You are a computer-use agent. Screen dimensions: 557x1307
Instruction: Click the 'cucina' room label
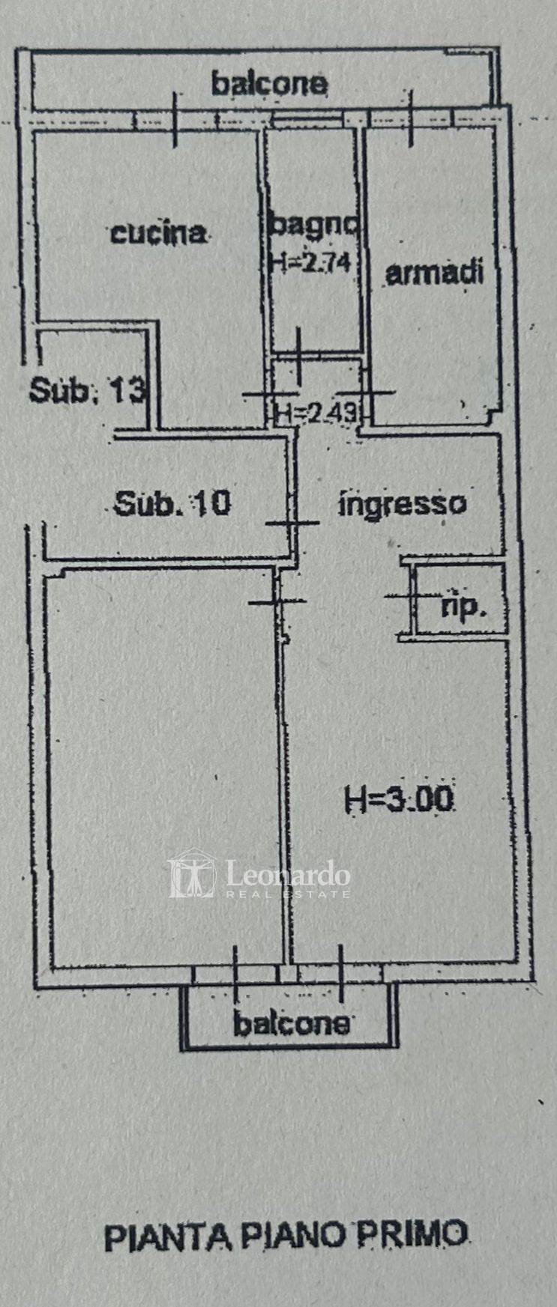pos(158,233)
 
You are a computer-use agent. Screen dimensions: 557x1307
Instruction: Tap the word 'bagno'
pos(314,225)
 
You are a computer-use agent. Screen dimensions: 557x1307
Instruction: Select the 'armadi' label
pos(433,273)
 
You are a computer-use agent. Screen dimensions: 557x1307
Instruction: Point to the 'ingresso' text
pos(403,503)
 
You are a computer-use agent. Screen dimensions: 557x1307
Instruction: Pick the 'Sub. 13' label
pos(87,389)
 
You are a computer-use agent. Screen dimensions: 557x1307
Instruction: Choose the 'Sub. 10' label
pos(172,503)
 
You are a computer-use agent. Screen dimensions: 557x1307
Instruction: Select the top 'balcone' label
pos(269,83)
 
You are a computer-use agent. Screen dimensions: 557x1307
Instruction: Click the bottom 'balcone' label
pos(292,1023)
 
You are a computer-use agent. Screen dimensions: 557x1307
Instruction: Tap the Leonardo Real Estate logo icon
pos(192,873)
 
